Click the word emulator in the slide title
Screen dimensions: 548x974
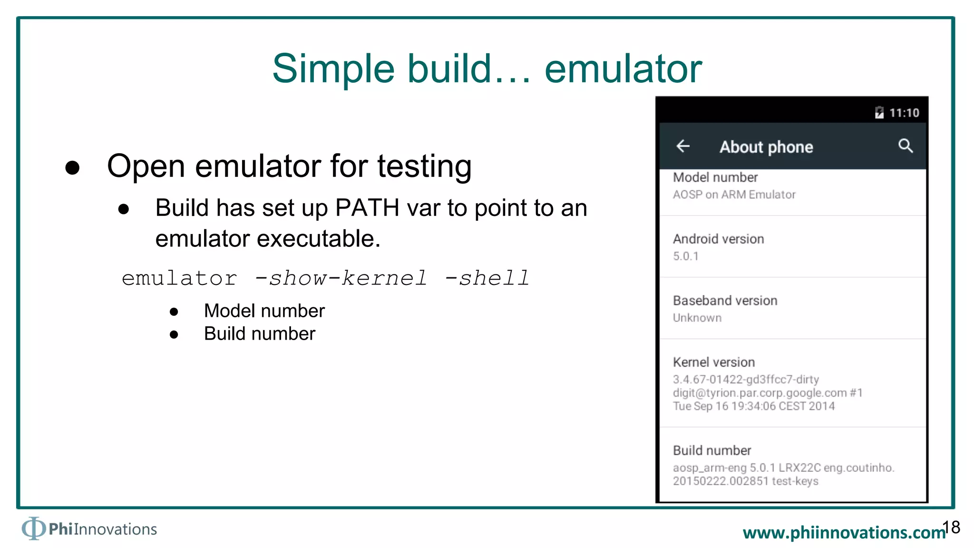[x=623, y=69]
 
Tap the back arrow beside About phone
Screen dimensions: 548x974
[x=683, y=146]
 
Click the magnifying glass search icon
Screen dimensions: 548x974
[x=906, y=146]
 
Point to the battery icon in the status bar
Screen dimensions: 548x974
[x=879, y=112]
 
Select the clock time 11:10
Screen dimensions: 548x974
[x=904, y=113]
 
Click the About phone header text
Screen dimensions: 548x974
[x=766, y=147]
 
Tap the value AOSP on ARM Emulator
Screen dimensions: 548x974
[x=734, y=195]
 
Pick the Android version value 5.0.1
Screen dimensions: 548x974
[x=686, y=256]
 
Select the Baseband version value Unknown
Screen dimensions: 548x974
[x=697, y=318]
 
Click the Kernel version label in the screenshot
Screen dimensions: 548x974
[x=714, y=362]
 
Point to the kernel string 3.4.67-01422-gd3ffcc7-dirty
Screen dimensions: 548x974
[x=746, y=379]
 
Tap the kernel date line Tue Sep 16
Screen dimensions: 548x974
[x=753, y=406]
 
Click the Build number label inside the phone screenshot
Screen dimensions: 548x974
[x=712, y=450]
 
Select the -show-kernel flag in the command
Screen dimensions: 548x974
[x=341, y=278]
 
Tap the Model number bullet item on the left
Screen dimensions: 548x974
[x=264, y=311]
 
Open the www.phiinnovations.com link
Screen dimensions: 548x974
[x=844, y=532]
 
